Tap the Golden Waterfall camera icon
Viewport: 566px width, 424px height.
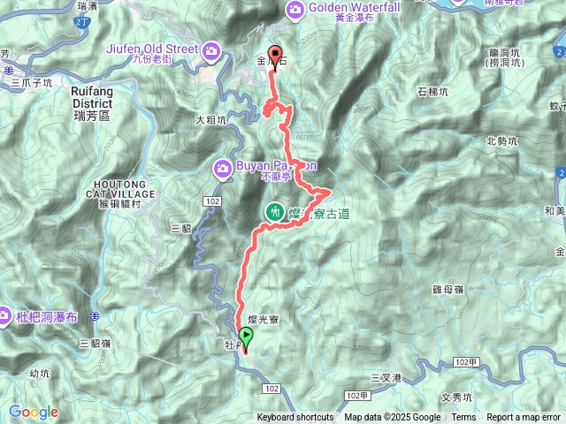click(x=294, y=9)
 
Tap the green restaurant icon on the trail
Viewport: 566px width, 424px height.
click(x=275, y=212)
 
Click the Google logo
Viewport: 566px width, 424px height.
click(x=34, y=412)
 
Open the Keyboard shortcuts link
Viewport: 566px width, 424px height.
click(x=295, y=418)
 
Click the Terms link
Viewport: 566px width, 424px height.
click(x=463, y=418)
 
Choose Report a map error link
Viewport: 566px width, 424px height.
click(x=524, y=418)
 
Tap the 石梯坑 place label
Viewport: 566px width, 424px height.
click(x=432, y=91)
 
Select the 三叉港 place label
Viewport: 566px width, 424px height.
click(x=386, y=378)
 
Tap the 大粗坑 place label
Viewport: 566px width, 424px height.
click(x=212, y=119)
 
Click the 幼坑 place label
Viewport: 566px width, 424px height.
click(x=40, y=373)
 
